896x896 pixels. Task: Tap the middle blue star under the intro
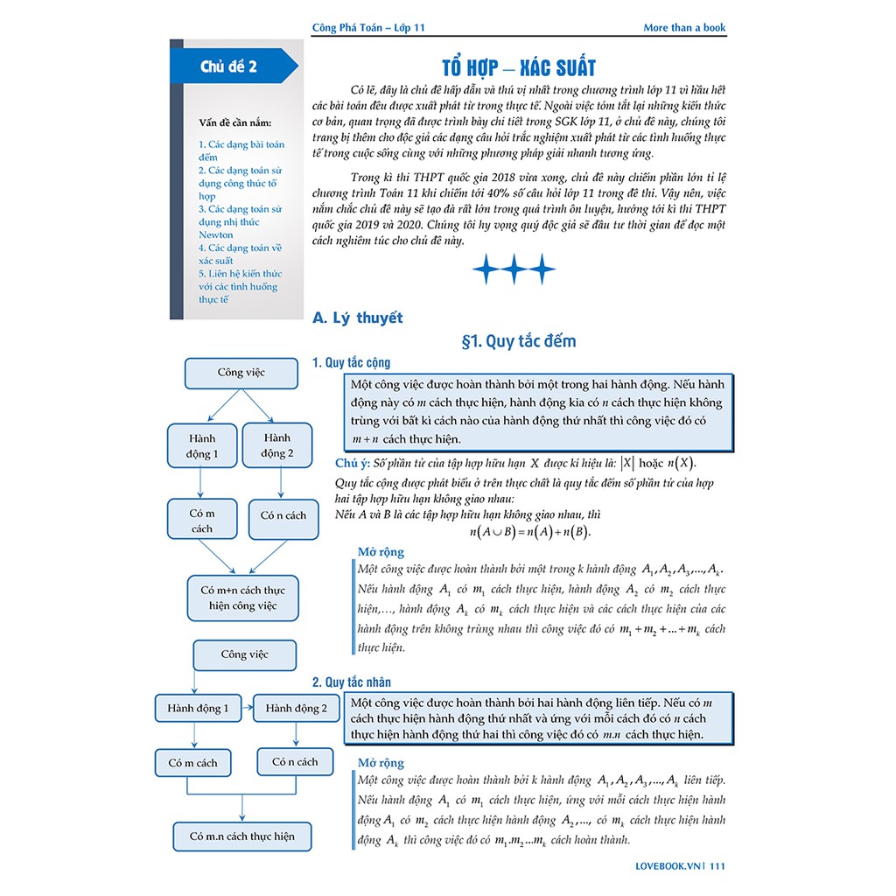(x=514, y=269)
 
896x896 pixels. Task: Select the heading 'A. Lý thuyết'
(x=357, y=318)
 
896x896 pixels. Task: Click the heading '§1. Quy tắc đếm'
(x=518, y=341)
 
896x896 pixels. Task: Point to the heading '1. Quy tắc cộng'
(x=352, y=362)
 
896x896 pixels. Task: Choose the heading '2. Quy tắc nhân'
(x=352, y=682)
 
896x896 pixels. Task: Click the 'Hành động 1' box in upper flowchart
(x=202, y=445)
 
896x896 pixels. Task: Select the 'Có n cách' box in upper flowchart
(x=283, y=516)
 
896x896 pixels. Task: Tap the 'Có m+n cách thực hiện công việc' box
(x=243, y=598)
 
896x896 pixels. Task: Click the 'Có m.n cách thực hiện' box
(x=242, y=836)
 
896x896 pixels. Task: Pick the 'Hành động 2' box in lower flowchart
(x=296, y=708)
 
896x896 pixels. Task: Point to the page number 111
(x=717, y=866)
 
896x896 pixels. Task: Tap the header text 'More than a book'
(x=684, y=27)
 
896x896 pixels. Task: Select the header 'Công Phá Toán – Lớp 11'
(x=368, y=27)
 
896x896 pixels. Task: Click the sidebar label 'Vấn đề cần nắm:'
(x=235, y=122)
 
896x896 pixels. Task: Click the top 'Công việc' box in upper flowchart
(x=241, y=373)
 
